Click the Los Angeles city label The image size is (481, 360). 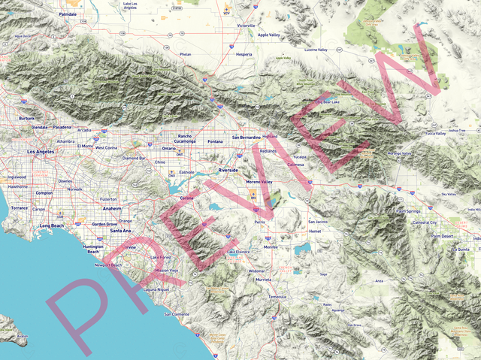click(x=41, y=152)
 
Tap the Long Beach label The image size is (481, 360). click(x=53, y=225)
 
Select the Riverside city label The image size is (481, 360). click(x=228, y=171)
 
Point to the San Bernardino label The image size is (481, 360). click(x=246, y=138)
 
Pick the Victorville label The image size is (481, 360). click(x=247, y=26)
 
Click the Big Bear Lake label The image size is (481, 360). click(x=327, y=102)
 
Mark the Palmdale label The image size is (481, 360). click(x=68, y=14)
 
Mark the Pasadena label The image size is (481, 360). click(x=61, y=129)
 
